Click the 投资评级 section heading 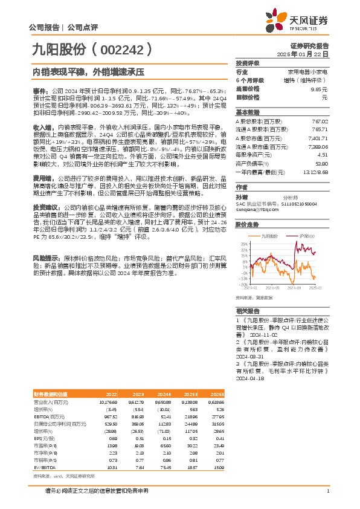(x=247, y=63)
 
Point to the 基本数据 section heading (x=247, y=113)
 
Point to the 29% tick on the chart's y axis (x=243, y=243)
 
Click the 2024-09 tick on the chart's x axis (x=298, y=289)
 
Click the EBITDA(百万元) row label (x=50, y=417)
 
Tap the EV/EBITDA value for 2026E (x=217, y=467)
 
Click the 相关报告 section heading (x=247, y=309)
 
